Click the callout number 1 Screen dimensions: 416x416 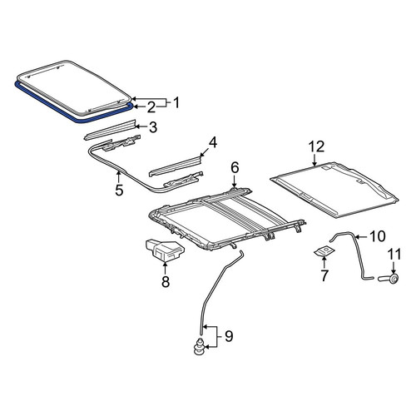pos(176,103)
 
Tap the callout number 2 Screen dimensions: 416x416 pos(151,107)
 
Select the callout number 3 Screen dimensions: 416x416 pos(153,127)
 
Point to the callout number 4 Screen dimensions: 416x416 pos(212,143)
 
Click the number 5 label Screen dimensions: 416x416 pos(119,190)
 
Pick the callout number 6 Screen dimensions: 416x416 pos(235,168)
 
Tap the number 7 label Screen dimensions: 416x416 pos(324,275)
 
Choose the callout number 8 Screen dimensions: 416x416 pos(166,282)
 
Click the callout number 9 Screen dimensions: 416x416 pos(229,336)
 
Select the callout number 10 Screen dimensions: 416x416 pos(378,236)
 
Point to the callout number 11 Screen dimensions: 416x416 pos(394,255)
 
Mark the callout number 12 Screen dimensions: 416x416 pos(317,146)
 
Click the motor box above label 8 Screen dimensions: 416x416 pos(165,250)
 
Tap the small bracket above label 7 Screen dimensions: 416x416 pos(324,251)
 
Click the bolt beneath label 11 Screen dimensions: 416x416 pos(389,278)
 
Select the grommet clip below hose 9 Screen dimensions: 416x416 pos(199,346)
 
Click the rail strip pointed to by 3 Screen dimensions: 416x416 pos(110,130)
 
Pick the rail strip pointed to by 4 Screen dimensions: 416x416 pos(175,166)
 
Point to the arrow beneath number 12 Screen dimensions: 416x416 pos(314,160)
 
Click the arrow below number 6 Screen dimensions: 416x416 pos(235,181)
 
